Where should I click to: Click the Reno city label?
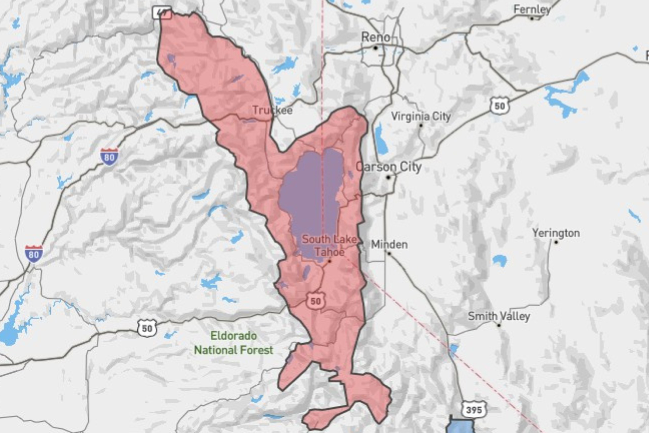point(376,37)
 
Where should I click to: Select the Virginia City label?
point(421,116)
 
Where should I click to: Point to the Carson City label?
point(388,167)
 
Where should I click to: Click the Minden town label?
point(389,244)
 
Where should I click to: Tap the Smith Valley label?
point(499,316)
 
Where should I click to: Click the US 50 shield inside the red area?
point(316,301)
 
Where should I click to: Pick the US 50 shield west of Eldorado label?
point(147,328)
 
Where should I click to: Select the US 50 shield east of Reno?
point(499,106)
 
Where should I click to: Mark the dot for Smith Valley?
point(499,325)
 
